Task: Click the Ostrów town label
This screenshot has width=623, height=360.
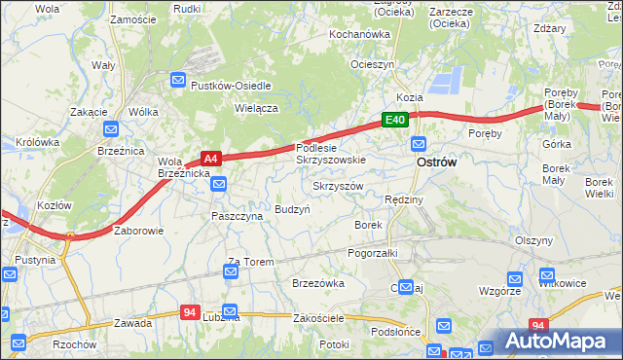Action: coord(436,163)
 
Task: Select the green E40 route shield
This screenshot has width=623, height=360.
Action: coord(393,120)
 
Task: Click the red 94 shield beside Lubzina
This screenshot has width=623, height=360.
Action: coord(191,312)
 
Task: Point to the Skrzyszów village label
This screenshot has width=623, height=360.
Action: coord(338,186)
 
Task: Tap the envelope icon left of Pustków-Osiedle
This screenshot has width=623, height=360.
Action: coord(178,81)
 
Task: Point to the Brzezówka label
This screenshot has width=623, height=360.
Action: coord(318,283)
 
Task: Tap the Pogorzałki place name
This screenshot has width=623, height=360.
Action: coord(373,252)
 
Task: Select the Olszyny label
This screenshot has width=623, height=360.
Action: coord(534,240)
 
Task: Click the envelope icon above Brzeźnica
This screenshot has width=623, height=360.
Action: coord(110,128)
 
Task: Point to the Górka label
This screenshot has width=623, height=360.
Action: coord(557,143)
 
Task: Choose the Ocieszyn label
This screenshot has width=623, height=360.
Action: coord(373,64)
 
